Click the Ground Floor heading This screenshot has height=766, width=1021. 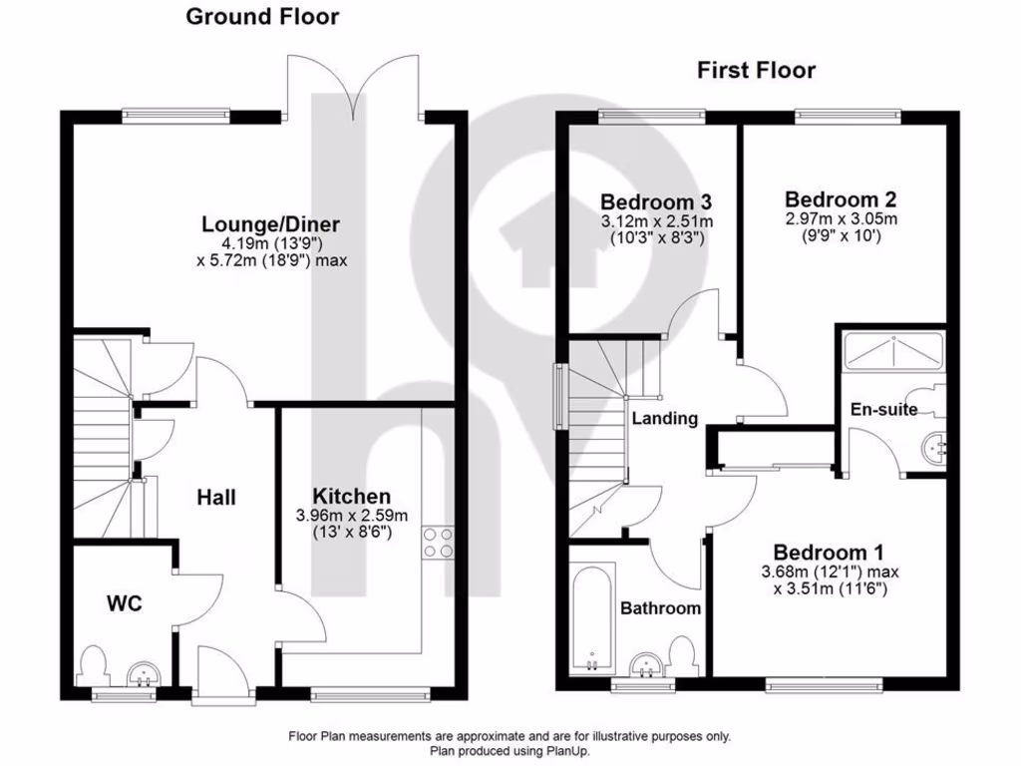click(x=262, y=17)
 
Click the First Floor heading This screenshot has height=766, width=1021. click(x=756, y=70)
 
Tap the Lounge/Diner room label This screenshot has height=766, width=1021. click(x=270, y=223)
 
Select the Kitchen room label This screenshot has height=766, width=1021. click(x=351, y=496)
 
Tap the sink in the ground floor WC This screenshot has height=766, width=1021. click(x=144, y=676)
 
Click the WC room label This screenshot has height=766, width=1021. click(x=125, y=603)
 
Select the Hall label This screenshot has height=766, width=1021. click(x=216, y=497)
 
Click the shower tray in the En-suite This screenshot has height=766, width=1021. click(x=892, y=348)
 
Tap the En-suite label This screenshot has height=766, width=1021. click(x=883, y=409)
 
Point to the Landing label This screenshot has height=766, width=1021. click(x=665, y=419)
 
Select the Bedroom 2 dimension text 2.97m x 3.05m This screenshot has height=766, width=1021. click(x=841, y=219)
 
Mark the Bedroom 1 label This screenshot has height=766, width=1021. click(x=830, y=552)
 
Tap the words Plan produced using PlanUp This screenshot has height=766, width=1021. click(x=510, y=751)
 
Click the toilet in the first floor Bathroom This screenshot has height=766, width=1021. click(x=684, y=657)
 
